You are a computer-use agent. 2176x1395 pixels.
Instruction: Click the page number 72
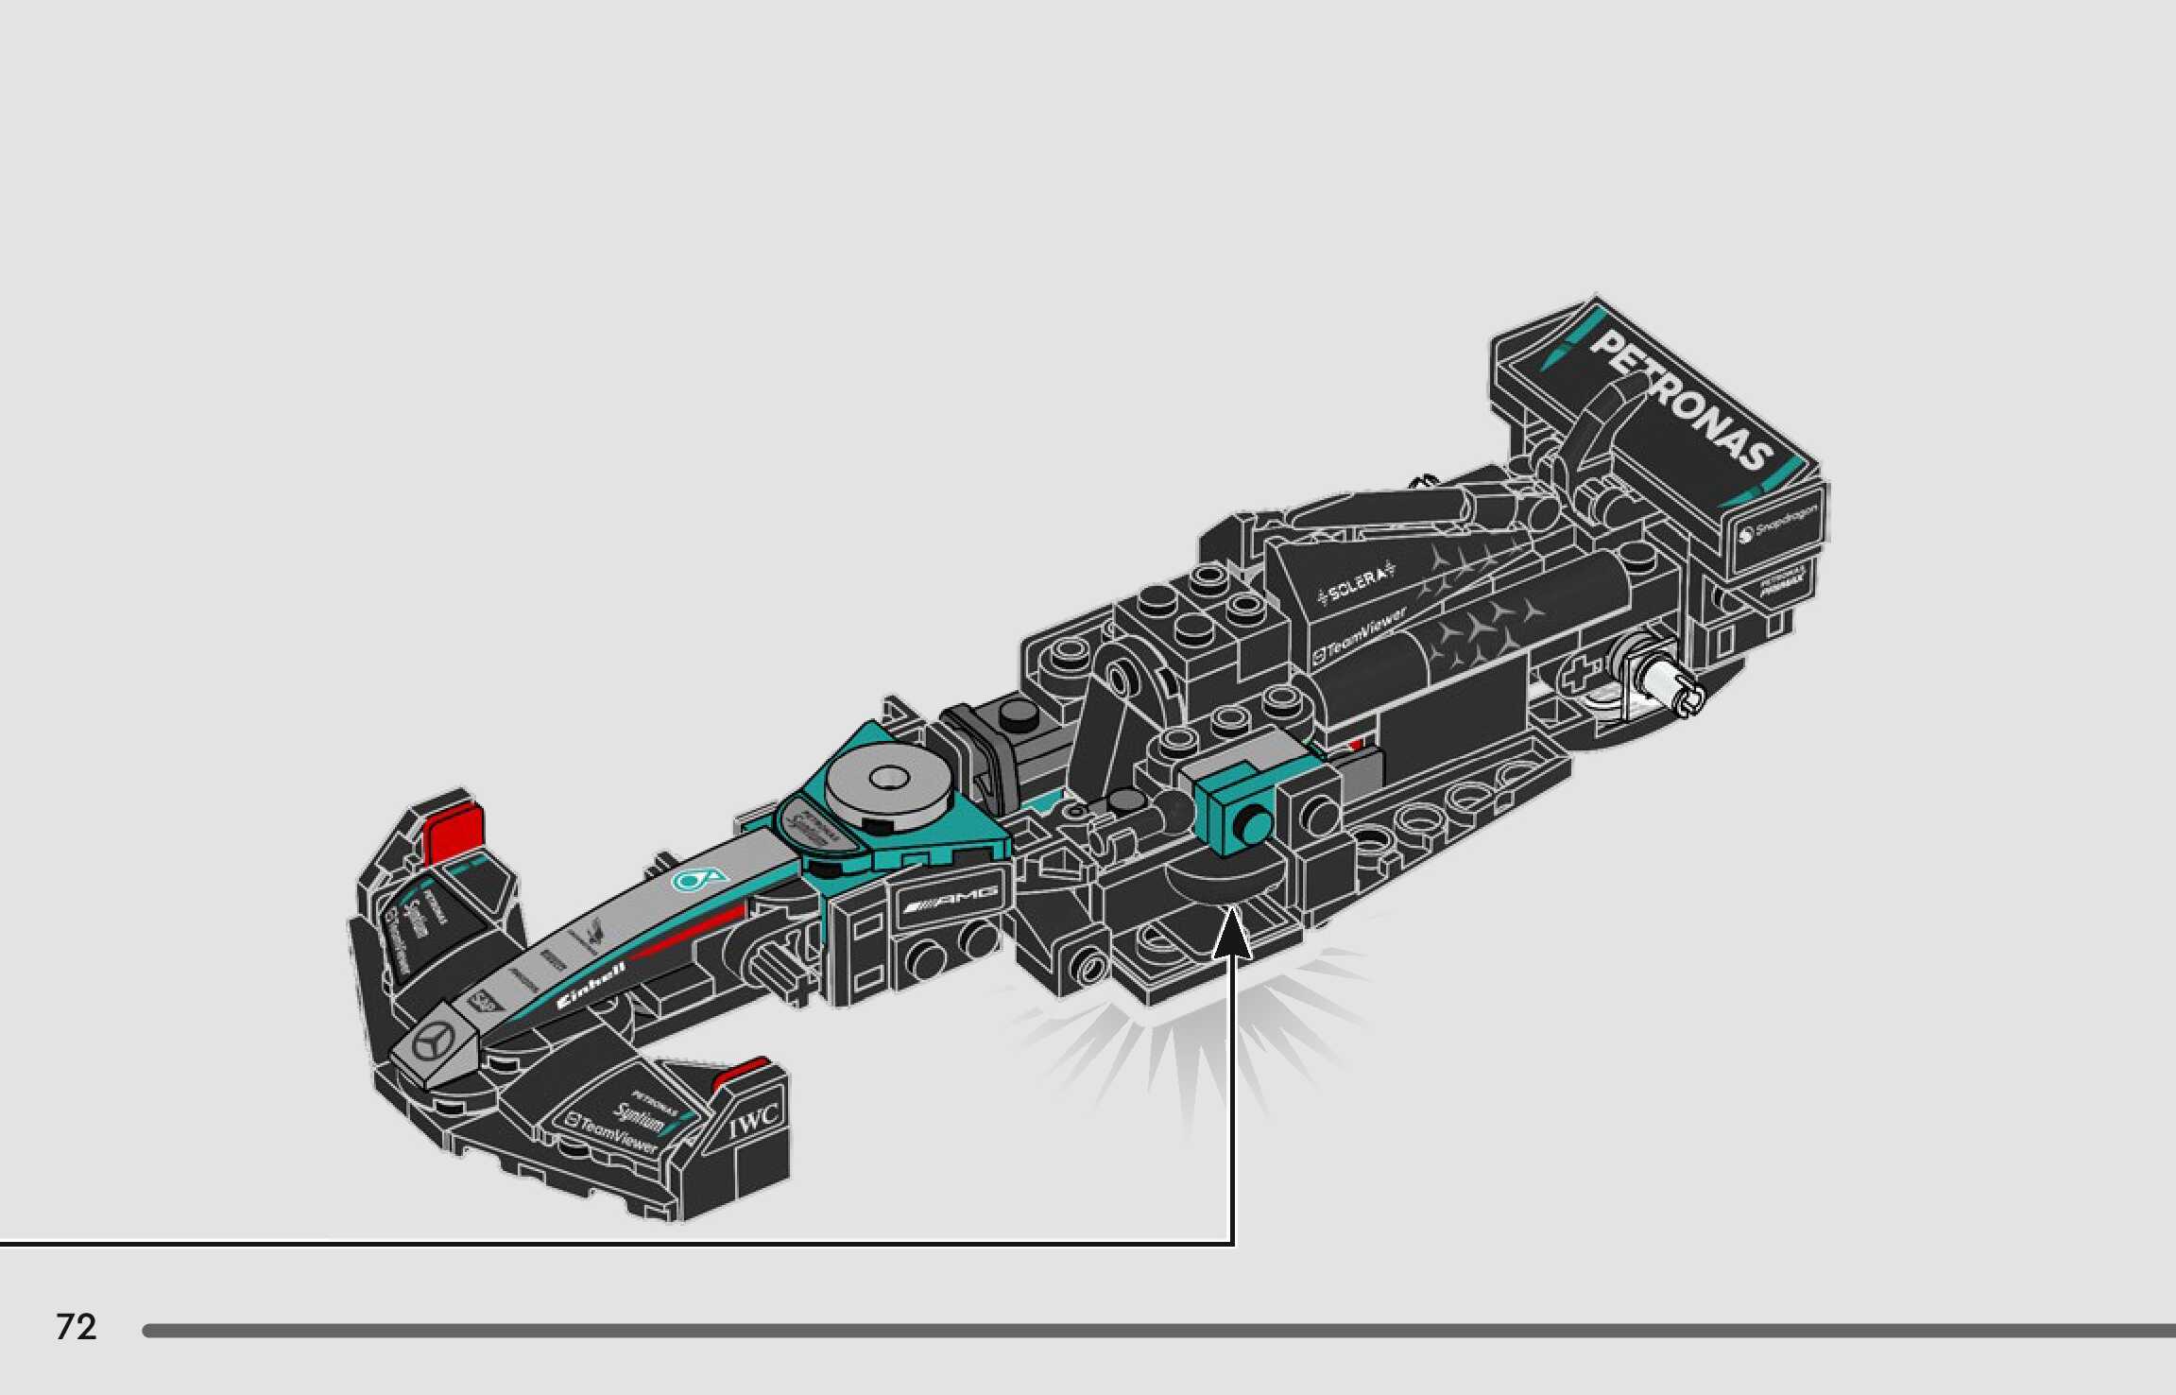[x=77, y=1327]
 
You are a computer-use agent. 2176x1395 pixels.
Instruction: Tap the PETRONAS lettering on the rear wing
[x=1681, y=400]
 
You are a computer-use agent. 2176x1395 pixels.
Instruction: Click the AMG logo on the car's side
[x=951, y=901]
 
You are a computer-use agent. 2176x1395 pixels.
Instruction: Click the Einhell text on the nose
[x=591, y=986]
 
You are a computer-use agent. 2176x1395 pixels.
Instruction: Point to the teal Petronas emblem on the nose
[x=698, y=880]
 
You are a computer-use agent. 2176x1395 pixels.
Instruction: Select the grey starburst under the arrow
[x=1191, y=1040]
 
